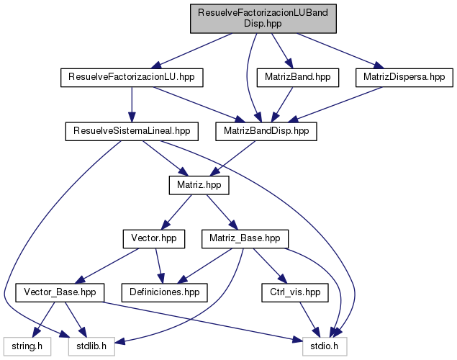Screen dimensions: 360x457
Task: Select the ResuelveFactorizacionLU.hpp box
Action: [132, 76]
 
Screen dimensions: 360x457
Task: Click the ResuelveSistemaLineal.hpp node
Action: [131, 131]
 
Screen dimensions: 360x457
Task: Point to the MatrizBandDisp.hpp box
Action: [266, 131]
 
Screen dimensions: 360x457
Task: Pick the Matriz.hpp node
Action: [199, 185]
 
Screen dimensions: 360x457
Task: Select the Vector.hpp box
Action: [154, 238]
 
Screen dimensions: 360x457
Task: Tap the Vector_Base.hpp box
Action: [60, 292]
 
